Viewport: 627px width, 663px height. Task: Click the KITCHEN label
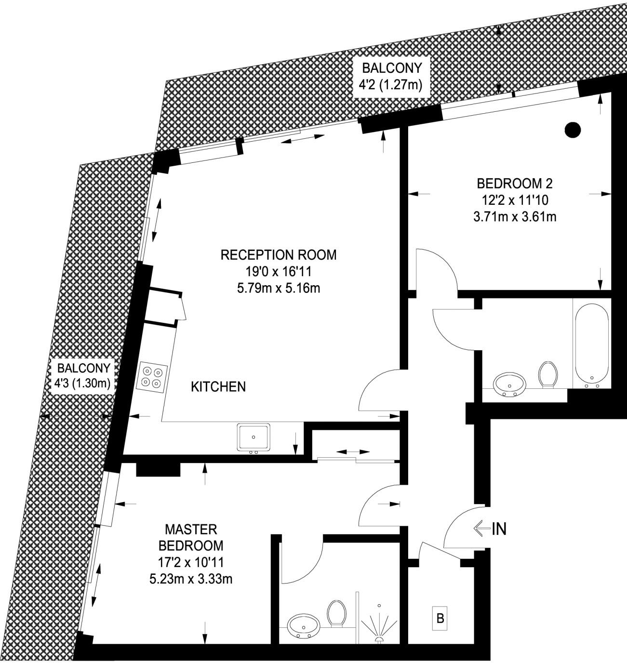218,386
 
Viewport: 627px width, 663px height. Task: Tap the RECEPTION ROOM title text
279,255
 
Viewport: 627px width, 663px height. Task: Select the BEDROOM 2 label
515,184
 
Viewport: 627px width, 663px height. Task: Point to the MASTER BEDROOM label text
191,538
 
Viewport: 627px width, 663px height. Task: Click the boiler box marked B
440,618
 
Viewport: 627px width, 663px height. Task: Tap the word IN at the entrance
499,529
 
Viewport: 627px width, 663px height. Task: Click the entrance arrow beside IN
481,529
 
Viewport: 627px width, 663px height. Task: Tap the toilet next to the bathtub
548,374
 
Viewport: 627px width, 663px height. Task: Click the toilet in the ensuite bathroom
336,613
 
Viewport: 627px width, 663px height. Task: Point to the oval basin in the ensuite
304,626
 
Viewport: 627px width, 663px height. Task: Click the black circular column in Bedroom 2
573,130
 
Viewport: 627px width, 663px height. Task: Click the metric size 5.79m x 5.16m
279,288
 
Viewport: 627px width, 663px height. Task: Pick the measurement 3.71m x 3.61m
515,217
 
